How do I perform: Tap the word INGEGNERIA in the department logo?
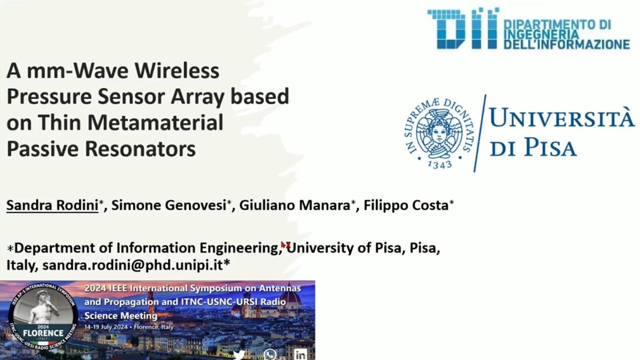click(x=541, y=34)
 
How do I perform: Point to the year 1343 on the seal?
click(x=440, y=164)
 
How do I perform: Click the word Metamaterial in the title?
click(x=155, y=122)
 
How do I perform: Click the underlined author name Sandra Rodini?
click(x=52, y=205)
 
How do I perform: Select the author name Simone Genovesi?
click(x=169, y=205)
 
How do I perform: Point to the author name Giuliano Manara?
click(x=295, y=205)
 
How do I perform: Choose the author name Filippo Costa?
click(x=406, y=205)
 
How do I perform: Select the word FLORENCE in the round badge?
click(x=43, y=333)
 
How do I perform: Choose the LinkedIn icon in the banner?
click(x=300, y=355)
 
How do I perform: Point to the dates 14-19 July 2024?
click(x=106, y=327)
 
